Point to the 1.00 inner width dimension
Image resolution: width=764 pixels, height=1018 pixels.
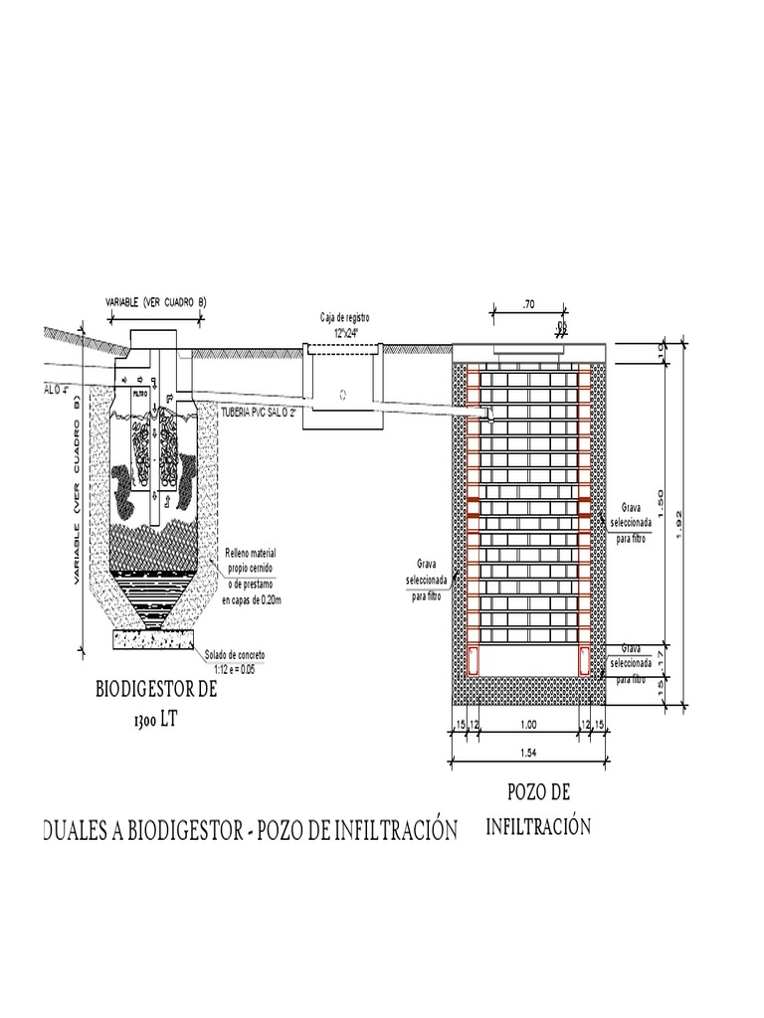(x=528, y=726)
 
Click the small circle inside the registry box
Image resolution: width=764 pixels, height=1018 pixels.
(x=343, y=394)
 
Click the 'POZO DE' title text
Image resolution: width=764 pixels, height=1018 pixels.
(x=538, y=792)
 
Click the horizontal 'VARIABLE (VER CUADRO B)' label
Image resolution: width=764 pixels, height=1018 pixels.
(x=155, y=301)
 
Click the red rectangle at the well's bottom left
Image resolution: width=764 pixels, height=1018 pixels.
(x=474, y=659)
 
